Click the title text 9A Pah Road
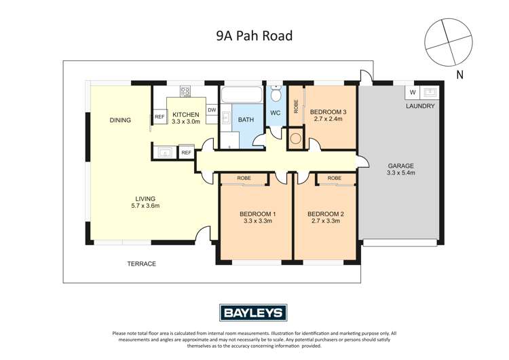pos(254,35)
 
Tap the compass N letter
pos(459,75)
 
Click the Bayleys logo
pos(253,312)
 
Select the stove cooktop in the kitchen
pos(185,90)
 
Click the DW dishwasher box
pos(212,110)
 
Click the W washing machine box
pos(413,92)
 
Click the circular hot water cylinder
pos(296,139)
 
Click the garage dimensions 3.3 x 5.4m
pos(400,173)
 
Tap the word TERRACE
pos(142,264)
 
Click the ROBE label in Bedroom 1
pos(244,178)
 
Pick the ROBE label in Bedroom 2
pos(334,178)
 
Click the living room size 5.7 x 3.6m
pos(145,205)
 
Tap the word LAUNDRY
pos(421,107)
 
